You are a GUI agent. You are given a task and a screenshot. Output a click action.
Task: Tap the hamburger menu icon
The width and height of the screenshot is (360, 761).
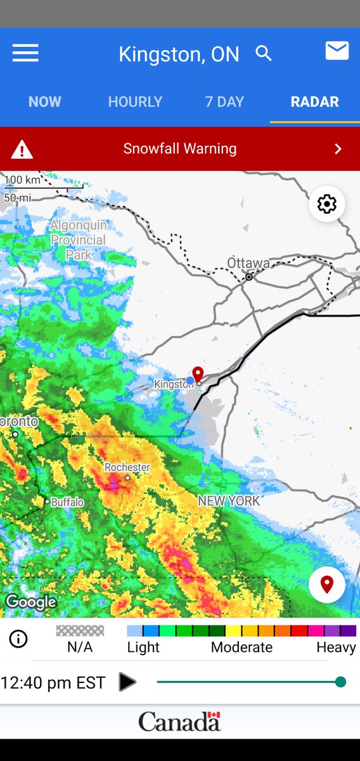click(x=25, y=53)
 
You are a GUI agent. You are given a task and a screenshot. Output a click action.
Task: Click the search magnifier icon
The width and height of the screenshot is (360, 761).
click(x=264, y=53)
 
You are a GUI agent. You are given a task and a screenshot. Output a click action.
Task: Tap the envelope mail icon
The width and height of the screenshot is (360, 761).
click(x=337, y=51)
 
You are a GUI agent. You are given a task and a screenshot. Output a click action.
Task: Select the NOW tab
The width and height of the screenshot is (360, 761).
click(x=45, y=101)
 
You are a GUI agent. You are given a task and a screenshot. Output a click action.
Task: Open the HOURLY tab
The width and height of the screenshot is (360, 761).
click(x=135, y=101)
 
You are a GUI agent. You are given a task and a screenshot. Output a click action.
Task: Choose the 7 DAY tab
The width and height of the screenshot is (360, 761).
click(x=225, y=101)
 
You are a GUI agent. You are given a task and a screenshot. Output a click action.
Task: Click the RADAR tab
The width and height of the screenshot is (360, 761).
click(x=314, y=101)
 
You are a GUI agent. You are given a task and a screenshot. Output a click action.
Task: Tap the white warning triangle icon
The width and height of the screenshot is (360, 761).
click(x=22, y=150)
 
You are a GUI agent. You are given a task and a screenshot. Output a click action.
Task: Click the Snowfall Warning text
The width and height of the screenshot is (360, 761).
click(x=180, y=149)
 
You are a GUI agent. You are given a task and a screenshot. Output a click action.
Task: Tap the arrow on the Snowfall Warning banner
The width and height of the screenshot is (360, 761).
click(x=338, y=149)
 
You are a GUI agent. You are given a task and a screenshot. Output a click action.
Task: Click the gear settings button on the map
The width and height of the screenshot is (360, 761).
click(x=327, y=204)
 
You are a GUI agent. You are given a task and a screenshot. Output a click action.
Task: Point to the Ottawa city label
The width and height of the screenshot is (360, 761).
click(x=248, y=263)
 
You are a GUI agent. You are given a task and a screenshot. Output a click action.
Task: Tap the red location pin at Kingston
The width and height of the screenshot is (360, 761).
click(x=198, y=374)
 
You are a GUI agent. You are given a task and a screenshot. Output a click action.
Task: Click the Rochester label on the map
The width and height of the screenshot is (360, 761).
click(x=127, y=467)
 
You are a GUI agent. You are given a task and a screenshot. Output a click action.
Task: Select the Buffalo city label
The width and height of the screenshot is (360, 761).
click(x=67, y=502)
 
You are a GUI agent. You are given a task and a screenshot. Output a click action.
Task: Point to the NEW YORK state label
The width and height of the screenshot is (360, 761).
click(x=229, y=501)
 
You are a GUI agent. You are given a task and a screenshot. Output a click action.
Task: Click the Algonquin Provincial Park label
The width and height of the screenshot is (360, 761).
click(x=79, y=240)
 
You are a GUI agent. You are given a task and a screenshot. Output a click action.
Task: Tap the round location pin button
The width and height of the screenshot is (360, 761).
click(x=327, y=584)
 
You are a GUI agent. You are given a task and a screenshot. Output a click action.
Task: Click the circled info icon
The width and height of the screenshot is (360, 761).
click(x=18, y=639)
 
